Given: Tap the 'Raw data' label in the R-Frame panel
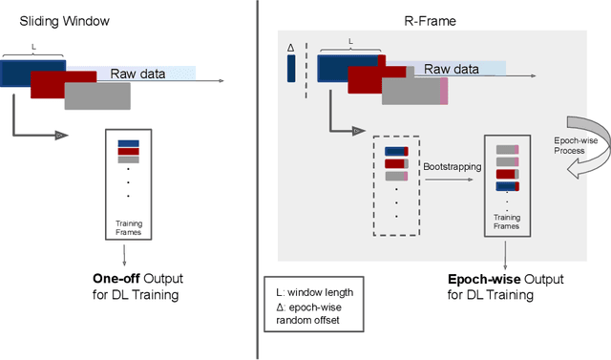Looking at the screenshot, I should pyautogui.click(x=452, y=70).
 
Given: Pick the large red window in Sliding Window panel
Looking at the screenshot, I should pyautogui.click(x=65, y=84).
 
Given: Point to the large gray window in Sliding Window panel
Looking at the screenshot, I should pyautogui.click(x=97, y=96).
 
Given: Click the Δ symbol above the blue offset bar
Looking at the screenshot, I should pyautogui.click(x=290, y=45).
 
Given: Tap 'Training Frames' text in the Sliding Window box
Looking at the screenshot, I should pyautogui.click(x=128, y=229).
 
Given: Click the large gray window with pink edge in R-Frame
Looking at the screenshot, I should pyautogui.click(x=414, y=91).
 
